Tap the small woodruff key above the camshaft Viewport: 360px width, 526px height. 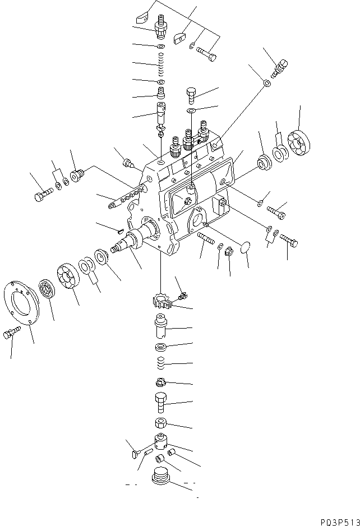119,229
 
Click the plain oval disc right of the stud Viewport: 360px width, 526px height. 245,247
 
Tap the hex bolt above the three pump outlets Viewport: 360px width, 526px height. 191,96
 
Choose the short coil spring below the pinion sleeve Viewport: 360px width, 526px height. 161,366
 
